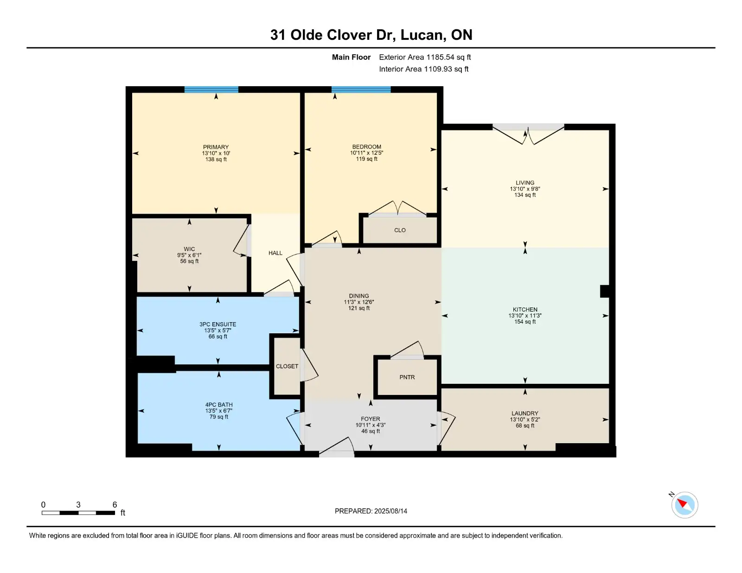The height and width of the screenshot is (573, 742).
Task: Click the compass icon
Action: [684, 505]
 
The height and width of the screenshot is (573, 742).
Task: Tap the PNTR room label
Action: [407, 377]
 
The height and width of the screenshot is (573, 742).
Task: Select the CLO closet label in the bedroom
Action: [400, 230]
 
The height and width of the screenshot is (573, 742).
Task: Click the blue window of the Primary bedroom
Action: [211, 90]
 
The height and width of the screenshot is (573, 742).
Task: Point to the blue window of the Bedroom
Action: [361, 90]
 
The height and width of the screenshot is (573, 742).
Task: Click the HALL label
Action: [275, 253]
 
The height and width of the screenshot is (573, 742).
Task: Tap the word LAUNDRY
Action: [525, 413]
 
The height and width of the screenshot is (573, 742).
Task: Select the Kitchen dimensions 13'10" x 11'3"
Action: [525, 316]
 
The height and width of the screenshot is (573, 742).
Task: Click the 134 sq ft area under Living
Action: [525, 195]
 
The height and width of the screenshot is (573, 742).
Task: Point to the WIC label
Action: [189, 249]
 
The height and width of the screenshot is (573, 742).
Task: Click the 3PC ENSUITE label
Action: [218, 324]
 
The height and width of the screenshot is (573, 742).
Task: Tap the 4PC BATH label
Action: [219, 405]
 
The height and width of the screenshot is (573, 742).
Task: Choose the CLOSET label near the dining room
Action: [287, 366]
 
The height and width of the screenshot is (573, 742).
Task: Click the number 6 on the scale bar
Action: [115, 505]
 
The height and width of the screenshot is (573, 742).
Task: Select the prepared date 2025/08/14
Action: [390, 511]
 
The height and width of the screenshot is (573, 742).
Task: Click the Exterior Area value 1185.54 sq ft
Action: [448, 57]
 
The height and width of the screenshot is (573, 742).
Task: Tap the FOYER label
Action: [371, 419]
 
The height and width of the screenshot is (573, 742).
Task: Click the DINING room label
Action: [359, 296]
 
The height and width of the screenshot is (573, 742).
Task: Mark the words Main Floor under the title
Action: [351, 57]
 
